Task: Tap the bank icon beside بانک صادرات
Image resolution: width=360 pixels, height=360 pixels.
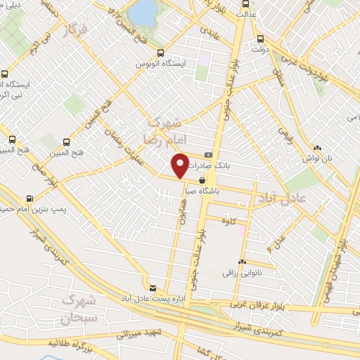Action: tap(208, 155)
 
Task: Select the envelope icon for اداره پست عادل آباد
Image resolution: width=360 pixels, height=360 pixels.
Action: tap(153, 288)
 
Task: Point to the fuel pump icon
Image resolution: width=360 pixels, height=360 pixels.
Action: tap(29, 199)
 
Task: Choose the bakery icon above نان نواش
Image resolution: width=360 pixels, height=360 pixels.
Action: tap(317, 148)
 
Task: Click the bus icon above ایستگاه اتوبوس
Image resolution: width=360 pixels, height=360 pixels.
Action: tap(160, 53)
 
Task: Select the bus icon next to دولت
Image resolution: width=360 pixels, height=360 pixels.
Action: tap(262, 39)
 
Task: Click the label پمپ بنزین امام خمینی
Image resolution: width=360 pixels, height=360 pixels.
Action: tap(28, 210)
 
